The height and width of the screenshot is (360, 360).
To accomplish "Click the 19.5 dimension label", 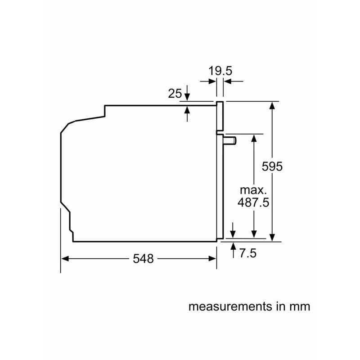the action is point(220,71).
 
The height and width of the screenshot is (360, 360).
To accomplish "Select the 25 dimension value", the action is point(175,94).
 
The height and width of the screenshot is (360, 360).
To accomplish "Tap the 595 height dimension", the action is point(272,166).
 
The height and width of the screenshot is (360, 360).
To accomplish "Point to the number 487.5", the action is point(253,202).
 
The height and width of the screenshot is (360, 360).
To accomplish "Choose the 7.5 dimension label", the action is point(248,253).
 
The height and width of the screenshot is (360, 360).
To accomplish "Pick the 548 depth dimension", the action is point(143,259).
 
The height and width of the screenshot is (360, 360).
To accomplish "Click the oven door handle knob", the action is point(230,140).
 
